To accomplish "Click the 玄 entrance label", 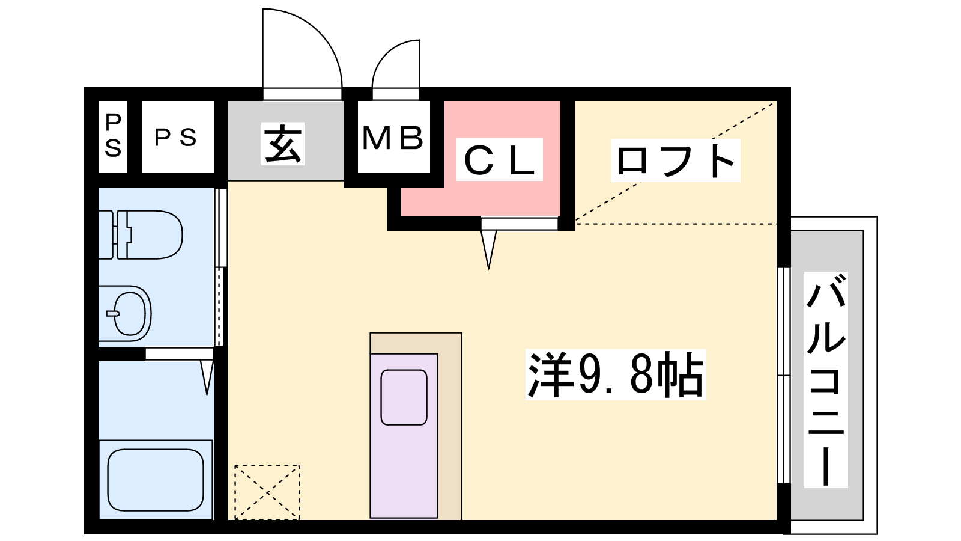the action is coord(283,144).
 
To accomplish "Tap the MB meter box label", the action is coord(393,138).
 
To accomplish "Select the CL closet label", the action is coord(499,159).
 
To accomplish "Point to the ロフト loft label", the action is coord(675,160).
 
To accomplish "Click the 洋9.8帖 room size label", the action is coord(616,374).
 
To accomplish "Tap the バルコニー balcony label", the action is coord(826,380).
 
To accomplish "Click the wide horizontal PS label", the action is coord(175,138).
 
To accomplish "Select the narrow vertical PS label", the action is coord(113,136).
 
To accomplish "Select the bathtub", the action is coord(156,480).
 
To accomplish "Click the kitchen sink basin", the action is coord(404,397).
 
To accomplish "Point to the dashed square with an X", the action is coord(267,492).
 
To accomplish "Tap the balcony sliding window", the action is coord(784,376).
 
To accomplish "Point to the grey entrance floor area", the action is coord(286,141).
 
